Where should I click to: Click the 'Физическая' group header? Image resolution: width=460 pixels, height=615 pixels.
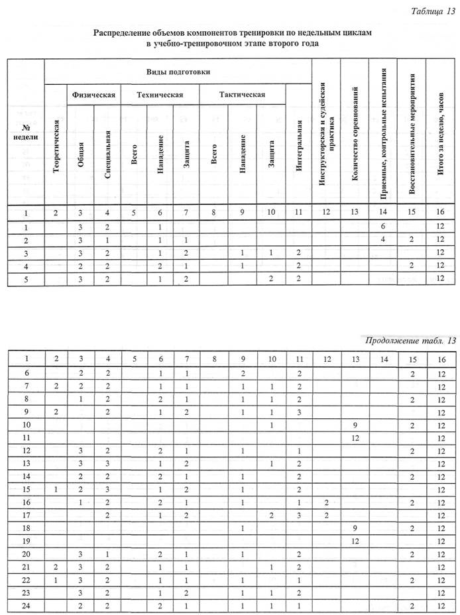click(94, 95)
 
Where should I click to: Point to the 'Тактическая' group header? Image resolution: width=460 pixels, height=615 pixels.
click(242, 95)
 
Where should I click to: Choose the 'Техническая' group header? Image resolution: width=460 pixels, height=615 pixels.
click(159, 95)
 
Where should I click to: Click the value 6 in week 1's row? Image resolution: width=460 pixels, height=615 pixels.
click(383, 227)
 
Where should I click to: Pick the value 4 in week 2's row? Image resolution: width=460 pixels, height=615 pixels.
click(383, 240)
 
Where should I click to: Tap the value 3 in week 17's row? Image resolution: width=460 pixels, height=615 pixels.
click(300, 516)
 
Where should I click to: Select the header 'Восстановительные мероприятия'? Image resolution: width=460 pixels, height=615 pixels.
click(412, 133)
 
